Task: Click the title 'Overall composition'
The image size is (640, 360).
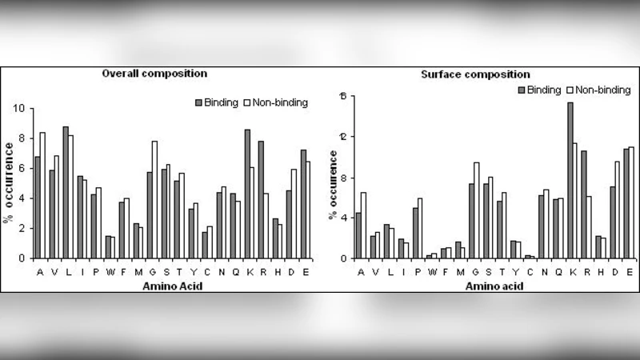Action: (155, 74)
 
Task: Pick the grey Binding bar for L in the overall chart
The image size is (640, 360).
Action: (66, 192)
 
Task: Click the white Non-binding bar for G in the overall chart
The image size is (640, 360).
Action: (154, 199)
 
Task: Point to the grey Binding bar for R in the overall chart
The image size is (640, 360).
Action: (261, 199)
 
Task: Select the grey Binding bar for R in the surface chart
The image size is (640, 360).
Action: (584, 204)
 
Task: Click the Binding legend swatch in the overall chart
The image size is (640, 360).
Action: (198, 102)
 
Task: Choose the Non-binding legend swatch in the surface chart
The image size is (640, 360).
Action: (570, 90)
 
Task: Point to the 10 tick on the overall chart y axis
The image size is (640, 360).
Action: (21, 108)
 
